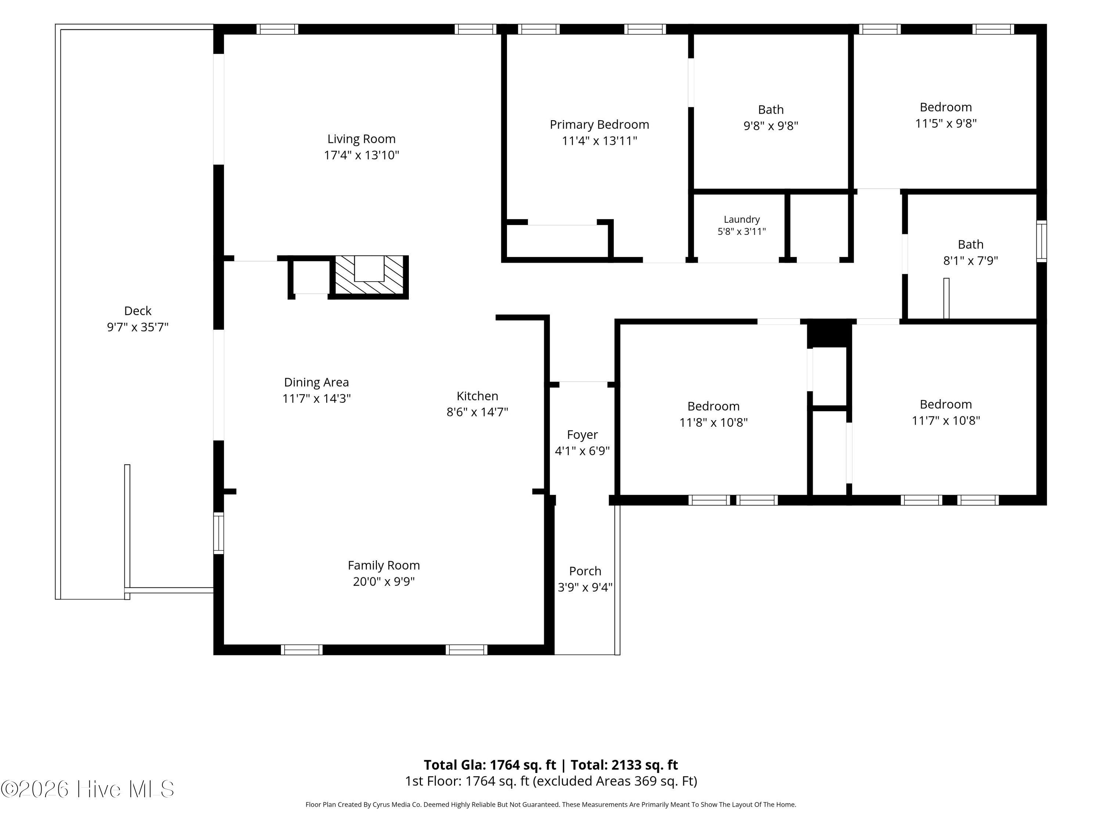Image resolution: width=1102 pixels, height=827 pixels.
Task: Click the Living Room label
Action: coord(361,139)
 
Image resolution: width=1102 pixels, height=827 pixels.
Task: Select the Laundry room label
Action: coord(742,219)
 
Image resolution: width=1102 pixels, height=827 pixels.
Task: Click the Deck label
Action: coord(137,311)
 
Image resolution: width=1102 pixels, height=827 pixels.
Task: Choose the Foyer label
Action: coord(582,435)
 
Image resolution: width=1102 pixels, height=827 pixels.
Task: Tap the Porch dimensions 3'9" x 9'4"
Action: coord(585,587)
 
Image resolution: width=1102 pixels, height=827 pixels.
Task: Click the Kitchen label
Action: coord(477,396)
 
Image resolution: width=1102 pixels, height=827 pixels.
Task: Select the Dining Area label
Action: coord(316,382)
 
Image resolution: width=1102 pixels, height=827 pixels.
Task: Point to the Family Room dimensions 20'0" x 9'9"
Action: coord(383,581)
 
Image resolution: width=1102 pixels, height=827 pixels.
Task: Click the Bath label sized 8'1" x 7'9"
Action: coord(970,244)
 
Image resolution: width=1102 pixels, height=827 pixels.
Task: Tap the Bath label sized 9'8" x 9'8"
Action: coord(771,110)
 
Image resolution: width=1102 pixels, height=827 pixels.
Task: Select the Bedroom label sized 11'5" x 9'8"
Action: coord(946,107)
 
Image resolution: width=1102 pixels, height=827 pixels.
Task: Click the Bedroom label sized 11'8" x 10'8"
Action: coord(713,406)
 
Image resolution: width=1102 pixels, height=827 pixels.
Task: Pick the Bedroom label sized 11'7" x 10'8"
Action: coord(946,404)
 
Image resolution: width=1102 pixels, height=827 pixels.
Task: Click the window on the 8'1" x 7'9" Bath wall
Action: coord(1041,241)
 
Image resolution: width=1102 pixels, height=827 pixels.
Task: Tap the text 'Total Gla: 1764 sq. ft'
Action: coord(490,765)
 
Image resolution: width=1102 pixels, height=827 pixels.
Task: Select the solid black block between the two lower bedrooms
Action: coord(829,333)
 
